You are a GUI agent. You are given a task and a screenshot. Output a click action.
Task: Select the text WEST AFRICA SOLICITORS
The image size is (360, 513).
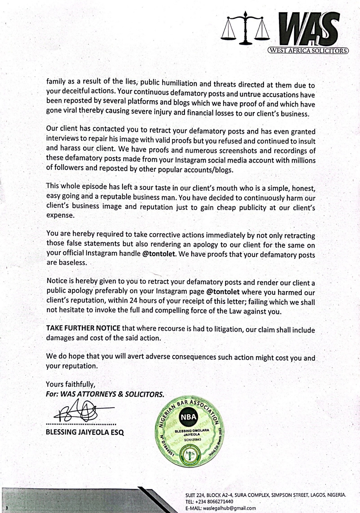[x=308, y=51]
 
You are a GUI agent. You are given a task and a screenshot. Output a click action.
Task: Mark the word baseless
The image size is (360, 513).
[x=72, y=262]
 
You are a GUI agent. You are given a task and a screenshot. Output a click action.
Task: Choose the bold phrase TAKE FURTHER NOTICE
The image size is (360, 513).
[x=83, y=328]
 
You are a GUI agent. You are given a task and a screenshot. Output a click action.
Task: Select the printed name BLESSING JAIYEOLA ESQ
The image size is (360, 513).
[x=85, y=433]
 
